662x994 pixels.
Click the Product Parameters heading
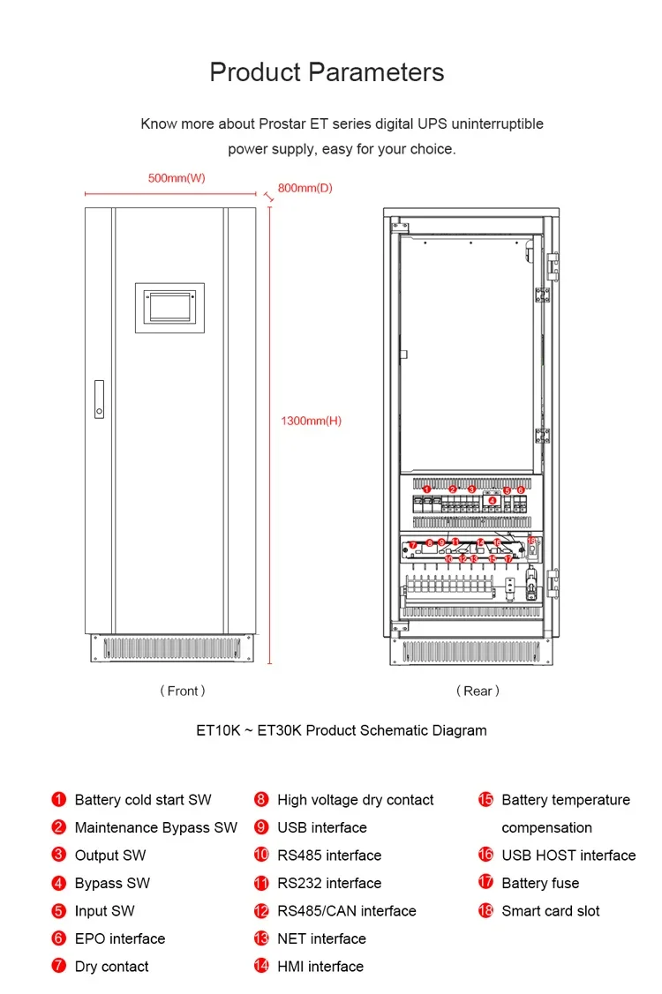point(327,71)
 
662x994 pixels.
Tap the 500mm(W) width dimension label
point(177,178)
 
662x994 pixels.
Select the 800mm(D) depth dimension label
point(305,188)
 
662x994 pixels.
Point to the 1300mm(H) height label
point(311,421)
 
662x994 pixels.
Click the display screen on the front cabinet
point(169,307)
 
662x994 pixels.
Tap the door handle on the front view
point(99,400)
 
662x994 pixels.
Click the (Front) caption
point(183,691)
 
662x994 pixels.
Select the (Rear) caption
point(478,691)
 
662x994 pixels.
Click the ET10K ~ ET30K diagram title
point(342,730)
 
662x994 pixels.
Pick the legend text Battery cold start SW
point(143,800)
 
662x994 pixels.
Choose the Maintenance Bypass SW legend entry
point(156,827)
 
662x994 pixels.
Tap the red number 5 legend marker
point(59,911)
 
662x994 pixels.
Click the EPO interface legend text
point(120,938)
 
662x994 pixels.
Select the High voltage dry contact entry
point(355,800)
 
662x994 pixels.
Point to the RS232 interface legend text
point(329,883)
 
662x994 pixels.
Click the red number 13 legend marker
point(261,938)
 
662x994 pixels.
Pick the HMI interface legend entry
point(320,967)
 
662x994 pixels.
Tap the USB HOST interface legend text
point(568,856)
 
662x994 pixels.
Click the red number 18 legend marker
point(485,911)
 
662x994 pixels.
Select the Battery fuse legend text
point(540,883)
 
